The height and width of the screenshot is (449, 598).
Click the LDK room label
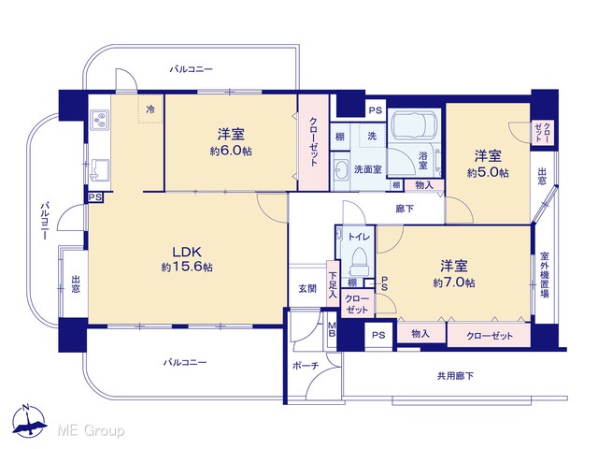(x=187, y=252)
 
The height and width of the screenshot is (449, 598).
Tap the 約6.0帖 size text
(x=231, y=151)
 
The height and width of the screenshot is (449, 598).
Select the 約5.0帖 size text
(x=488, y=172)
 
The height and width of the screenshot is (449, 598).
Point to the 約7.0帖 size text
(x=454, y=282)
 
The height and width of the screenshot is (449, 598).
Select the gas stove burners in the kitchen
(x=101, y=119)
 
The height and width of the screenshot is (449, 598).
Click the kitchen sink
(x=100, y=168)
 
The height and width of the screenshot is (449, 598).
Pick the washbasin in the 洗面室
(x=341, y=168)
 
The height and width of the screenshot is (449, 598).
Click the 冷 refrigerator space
(x=150, y=109)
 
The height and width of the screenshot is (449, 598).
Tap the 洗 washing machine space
(x=372, y=136)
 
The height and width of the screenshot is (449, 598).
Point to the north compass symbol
(x=29, y=420)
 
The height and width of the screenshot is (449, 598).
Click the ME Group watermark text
(x=91, y=431)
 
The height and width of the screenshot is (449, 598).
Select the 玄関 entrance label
(x=307, y=289)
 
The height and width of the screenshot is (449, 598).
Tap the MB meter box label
(x=333, y=330)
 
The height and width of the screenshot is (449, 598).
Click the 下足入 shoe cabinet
(x=333, y=283)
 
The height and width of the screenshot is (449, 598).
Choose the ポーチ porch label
(x=306, y=366)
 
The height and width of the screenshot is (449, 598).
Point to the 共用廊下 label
(x=455, y=376)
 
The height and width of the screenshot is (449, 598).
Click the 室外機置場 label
(x=545, y=275)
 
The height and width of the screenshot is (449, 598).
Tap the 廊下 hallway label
(x=405, y=209)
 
